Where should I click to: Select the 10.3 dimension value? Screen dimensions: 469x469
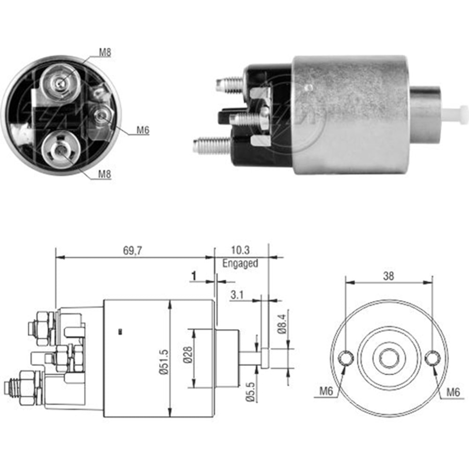coord(240,251)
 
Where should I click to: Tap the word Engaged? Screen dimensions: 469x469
coord(240,263)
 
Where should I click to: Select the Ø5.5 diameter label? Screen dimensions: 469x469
coord(250,392)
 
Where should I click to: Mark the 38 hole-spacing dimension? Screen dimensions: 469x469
coord(388,276)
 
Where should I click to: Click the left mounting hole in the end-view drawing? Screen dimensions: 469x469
coord(346,359)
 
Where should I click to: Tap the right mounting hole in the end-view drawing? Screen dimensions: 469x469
coord(431,359)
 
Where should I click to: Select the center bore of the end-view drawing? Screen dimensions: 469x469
coord(388,359)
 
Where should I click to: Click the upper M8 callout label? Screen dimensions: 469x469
coord(105,53)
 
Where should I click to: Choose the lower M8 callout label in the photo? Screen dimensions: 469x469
coord(105,174)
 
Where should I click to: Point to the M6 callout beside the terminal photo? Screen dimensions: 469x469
coord(143,130)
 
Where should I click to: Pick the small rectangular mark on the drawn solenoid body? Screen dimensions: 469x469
coord(120,332)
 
